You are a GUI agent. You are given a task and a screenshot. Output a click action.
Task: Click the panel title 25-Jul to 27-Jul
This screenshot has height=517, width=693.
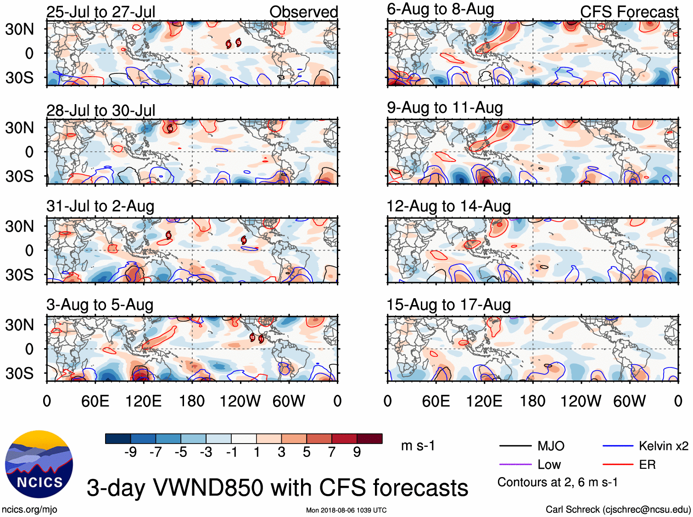click(x=101, y=12)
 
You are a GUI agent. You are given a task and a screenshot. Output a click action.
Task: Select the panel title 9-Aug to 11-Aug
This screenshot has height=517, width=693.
click(x=445, y=108)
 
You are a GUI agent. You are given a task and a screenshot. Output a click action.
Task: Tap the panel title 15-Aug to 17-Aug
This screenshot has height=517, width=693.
click(x=448, y=305)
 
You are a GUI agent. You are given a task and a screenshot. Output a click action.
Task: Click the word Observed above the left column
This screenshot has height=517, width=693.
click(x=303, y=12)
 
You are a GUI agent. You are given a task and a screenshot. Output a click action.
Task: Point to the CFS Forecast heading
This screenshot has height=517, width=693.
click(x=629, y=12)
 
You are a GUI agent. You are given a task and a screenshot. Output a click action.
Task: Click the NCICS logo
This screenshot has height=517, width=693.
click(x=39, y=464)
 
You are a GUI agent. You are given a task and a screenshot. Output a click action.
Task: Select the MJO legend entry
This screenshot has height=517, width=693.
click(x=550, y=446)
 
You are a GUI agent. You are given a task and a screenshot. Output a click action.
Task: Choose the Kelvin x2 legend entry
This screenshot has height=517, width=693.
click(x=663, y=446)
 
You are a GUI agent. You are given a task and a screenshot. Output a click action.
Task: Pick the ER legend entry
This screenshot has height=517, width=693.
click(x=647, y=465)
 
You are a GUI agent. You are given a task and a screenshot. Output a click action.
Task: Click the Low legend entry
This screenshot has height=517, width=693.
click(x=549, y=465)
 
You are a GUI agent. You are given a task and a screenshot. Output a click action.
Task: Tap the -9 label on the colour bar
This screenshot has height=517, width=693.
click(x=131, y=452)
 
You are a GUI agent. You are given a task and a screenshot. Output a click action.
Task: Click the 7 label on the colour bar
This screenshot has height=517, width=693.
click(x=332, y=452)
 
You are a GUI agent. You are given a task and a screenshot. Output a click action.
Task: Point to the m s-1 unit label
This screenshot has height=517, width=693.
click(x=418, y=446)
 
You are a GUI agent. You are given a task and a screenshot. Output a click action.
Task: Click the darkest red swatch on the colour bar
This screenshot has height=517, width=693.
click(x=369, y=439)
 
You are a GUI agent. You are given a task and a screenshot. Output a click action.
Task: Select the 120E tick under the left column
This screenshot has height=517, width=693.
click(x=144, y=401)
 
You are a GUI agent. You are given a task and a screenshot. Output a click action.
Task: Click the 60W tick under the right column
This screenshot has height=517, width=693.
click(x=629, y=401)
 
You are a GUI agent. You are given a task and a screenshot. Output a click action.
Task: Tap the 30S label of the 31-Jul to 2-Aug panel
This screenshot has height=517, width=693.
click(x=19, y=275)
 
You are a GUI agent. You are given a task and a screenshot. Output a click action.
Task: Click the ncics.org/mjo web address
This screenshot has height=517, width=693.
click(x=29, y=509)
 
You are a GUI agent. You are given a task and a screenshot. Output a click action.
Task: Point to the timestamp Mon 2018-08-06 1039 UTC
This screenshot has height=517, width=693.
click(x=346, y=510)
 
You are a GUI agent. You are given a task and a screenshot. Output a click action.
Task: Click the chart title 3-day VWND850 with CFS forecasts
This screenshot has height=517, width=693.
click(x=277, y=488)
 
